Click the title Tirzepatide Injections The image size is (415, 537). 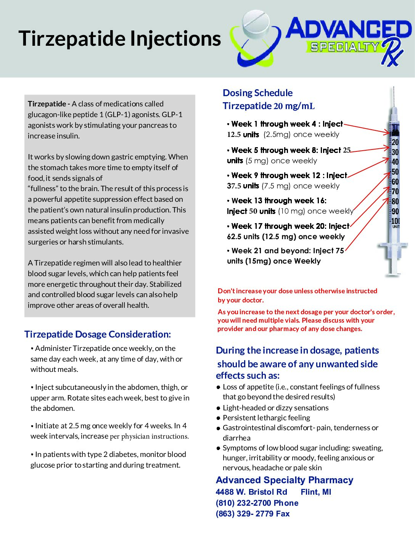[119, 39]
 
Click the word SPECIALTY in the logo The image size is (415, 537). [344, 47]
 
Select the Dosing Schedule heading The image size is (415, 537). [257, 93]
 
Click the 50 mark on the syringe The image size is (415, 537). [395, 172]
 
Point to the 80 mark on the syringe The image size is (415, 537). [395, 201]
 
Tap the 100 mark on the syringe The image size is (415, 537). [396, 221]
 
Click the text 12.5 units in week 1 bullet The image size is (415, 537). [243, 135]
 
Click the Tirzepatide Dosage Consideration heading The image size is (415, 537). [98, 334]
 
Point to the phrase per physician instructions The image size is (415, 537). [149, 436]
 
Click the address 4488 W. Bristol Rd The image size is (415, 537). [251, 492]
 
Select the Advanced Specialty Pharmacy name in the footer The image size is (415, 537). [285, 480]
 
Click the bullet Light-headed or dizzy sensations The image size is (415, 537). [275, 408]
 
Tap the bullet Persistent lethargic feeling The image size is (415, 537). [266, 418]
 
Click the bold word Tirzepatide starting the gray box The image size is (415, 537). [47, 104]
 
